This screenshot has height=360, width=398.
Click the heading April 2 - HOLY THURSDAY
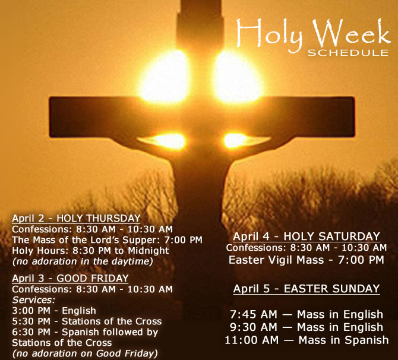76,218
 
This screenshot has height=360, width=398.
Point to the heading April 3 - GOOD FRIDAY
70,278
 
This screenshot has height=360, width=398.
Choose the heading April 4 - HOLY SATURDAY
306,236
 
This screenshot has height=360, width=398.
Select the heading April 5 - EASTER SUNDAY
306,289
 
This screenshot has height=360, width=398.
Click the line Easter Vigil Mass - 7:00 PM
306,260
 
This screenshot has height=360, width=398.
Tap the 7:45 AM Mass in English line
306,314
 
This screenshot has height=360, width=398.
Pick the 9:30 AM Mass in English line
306,327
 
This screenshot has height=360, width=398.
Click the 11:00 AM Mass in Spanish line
306,340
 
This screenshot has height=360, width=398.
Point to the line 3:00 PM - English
54,311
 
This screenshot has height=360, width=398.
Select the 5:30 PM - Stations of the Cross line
87,321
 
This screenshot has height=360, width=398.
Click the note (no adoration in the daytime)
83,261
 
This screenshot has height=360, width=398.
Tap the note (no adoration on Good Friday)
85,353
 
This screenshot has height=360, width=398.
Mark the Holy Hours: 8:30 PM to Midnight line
90,250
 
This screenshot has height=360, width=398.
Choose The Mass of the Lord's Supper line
107,239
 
